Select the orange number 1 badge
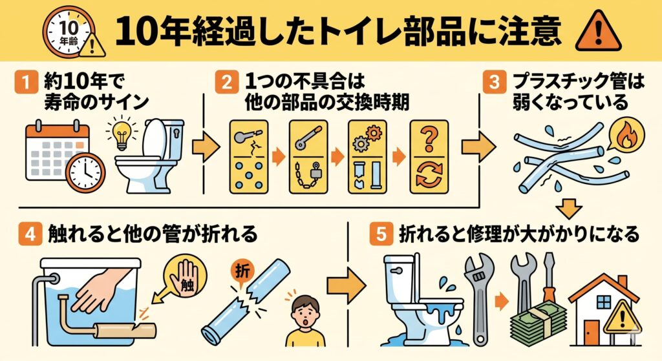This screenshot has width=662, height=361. (x=26, y=82)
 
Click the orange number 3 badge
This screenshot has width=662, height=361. (x=495, y=82)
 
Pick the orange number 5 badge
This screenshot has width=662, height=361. (x=381, y=233)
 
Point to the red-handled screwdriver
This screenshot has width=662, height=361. (x=550, y=283)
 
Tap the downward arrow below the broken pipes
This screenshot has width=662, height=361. (x=569, y=207)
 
